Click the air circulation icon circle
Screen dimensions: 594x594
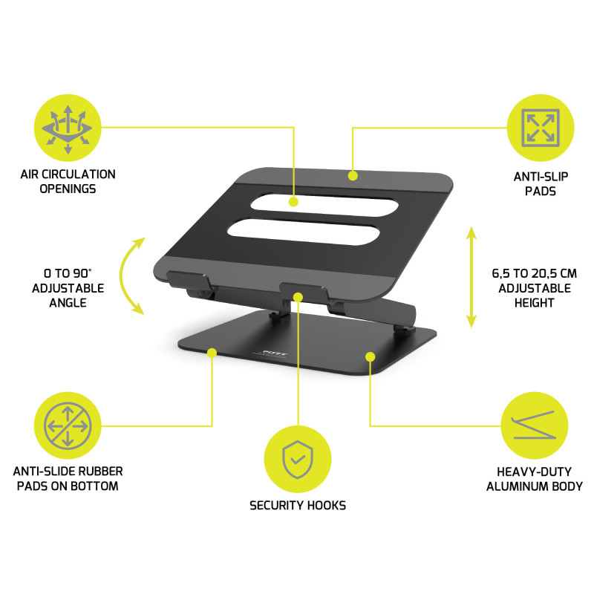[68, 127]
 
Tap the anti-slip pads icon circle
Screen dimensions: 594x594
[540, 127]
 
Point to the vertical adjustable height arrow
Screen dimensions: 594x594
[470, 277]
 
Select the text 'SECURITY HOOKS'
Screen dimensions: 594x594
[298, 506]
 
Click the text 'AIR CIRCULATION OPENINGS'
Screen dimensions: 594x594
[68, 182]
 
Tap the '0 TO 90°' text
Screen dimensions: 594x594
[68, 272]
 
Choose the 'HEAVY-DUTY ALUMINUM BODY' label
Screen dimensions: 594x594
[534, 479]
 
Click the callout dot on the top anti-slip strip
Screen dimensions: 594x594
[353, 176]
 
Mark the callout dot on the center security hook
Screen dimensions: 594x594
[298, 297]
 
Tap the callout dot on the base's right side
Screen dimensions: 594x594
[370, 358]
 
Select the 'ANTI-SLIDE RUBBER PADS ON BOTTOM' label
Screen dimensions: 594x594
[68, 479]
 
